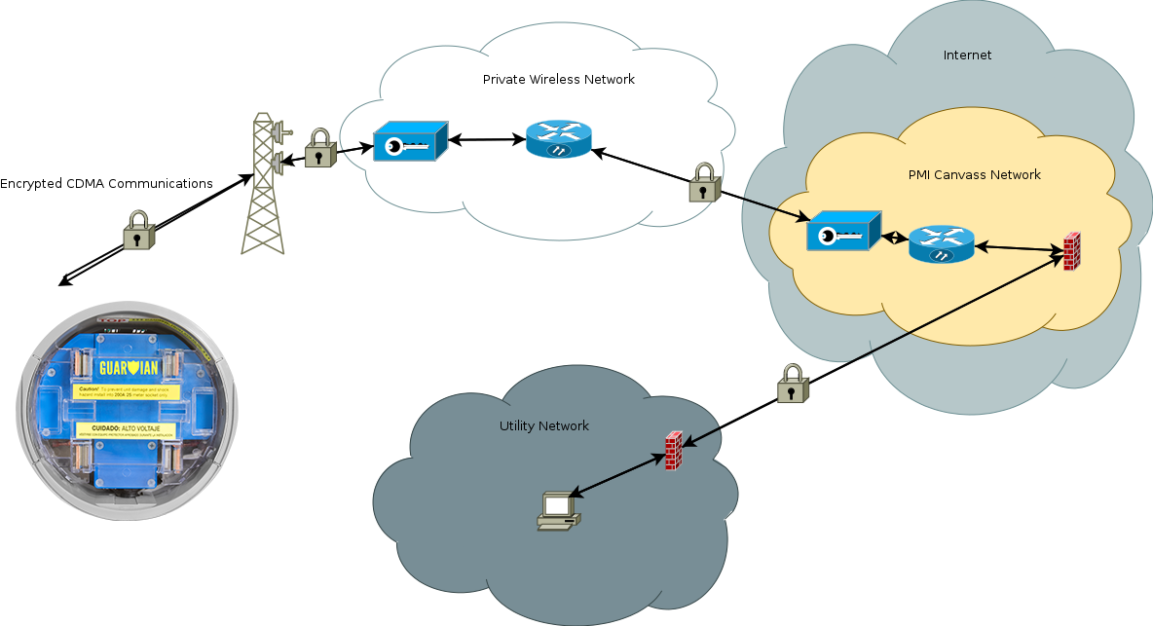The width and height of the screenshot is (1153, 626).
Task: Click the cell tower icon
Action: click(x=263, y=185)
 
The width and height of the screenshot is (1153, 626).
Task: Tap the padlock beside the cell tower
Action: click(x=319, y=149)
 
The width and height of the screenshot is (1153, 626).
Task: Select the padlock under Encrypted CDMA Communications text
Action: click(x=139, y=231)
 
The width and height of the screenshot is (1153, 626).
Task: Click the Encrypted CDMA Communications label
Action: click(x=106, y=183)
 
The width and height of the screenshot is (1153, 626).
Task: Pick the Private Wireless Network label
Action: click(x=558, y=79)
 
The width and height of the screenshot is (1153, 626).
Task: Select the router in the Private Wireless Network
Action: click(x=559, y=140)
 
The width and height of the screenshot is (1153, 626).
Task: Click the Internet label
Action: click(x=967, y=55)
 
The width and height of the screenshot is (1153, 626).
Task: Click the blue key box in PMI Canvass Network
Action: click(x=842, y=234)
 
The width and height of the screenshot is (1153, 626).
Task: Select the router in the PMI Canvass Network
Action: click(x=941, y=244)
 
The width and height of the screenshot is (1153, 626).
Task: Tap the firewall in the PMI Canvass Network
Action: click(x=1071, y=251)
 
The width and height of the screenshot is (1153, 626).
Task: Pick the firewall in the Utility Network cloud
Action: click(x=673, y=452)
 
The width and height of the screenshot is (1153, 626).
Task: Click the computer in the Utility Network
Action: click(x=557, y=511)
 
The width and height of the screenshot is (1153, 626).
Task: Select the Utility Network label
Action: click(x=544, y=426)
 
